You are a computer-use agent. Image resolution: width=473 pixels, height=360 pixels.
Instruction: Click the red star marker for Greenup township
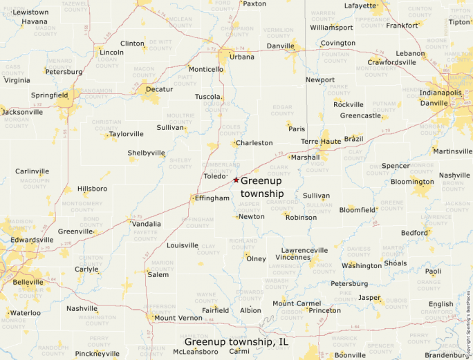[236, 180]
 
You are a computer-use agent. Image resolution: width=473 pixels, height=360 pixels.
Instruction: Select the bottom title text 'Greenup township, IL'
[236, 341]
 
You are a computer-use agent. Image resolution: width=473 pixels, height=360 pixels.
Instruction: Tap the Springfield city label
[49, 95]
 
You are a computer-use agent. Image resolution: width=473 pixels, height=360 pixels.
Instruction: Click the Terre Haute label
[321, 141]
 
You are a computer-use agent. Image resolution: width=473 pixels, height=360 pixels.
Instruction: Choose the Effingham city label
[212, 198]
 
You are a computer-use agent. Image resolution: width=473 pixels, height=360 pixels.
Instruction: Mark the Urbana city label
[242, 57]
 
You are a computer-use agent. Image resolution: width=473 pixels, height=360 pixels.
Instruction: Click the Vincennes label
[293, 257]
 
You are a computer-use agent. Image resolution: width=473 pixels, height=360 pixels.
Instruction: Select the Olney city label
[256, 258]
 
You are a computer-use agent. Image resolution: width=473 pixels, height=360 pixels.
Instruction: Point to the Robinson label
[301, 217]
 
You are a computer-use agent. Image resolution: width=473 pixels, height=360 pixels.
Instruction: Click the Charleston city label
[254, 143]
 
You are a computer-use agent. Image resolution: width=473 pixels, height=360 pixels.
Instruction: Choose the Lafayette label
[361, 6]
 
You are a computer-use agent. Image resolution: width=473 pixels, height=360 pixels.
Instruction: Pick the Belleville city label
[28, 282]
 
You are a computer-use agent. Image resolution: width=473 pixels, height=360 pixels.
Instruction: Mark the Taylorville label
[126, 134]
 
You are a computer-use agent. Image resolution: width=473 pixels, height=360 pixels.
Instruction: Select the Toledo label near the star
[215, 176]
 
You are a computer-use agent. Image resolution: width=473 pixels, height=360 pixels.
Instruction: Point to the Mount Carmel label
[297, 303]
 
